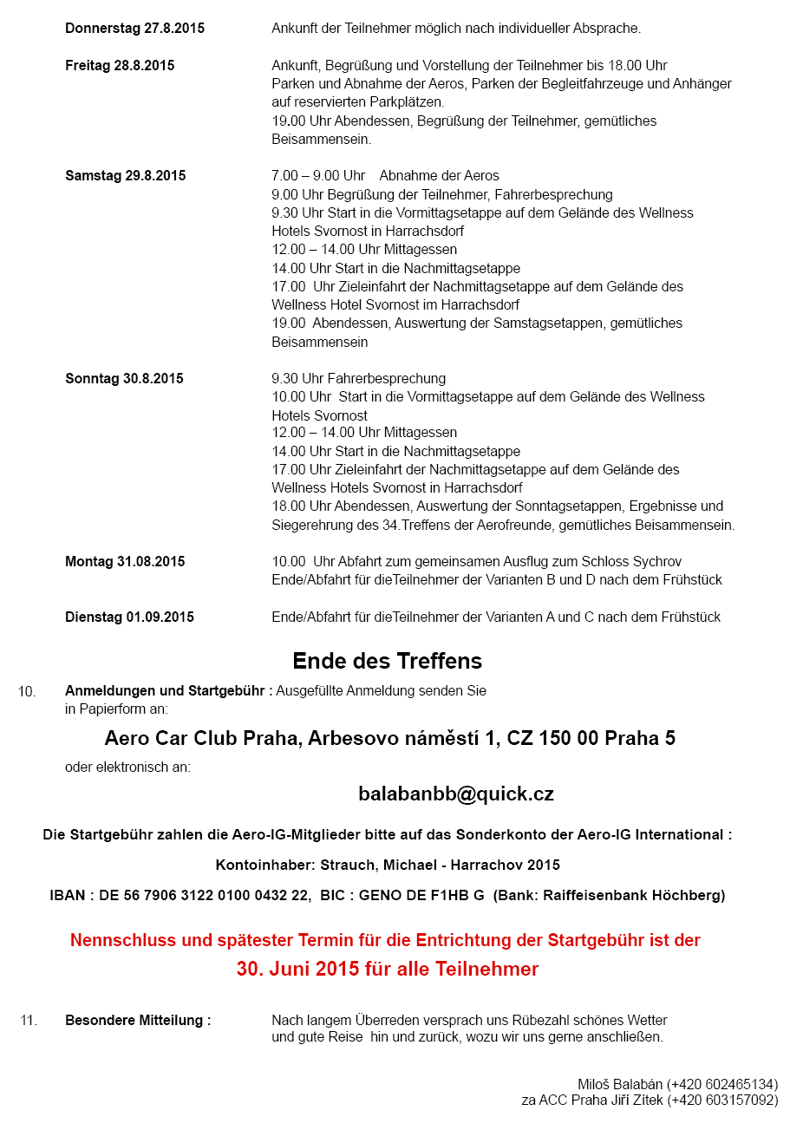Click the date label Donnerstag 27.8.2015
134,29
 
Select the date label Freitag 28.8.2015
120,66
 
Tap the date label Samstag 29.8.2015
125,176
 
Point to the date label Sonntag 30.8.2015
124,379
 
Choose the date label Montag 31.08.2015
125,562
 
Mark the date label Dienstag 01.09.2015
129,617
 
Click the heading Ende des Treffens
387,661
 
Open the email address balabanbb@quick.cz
456,794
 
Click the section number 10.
27,692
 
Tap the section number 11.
29,1021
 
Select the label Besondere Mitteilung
138,1021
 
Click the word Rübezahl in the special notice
519,1020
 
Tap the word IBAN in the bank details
68,895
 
